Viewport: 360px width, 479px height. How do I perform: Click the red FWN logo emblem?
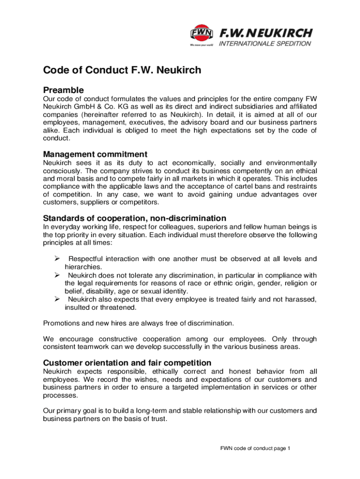(x=202, y=33)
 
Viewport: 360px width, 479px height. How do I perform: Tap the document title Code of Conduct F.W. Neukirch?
(x=122, y=71)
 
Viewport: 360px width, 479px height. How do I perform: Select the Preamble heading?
(x=64, y=90)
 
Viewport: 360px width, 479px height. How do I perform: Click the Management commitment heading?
(x=95, y=154)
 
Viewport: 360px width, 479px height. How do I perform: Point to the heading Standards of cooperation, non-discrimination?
(x=135, y=218)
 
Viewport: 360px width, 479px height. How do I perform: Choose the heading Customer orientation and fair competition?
(x=127, y=363)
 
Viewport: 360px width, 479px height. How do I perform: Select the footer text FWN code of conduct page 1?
(x=256, y=449)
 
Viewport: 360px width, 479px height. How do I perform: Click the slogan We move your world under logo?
(x=202, y=45)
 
